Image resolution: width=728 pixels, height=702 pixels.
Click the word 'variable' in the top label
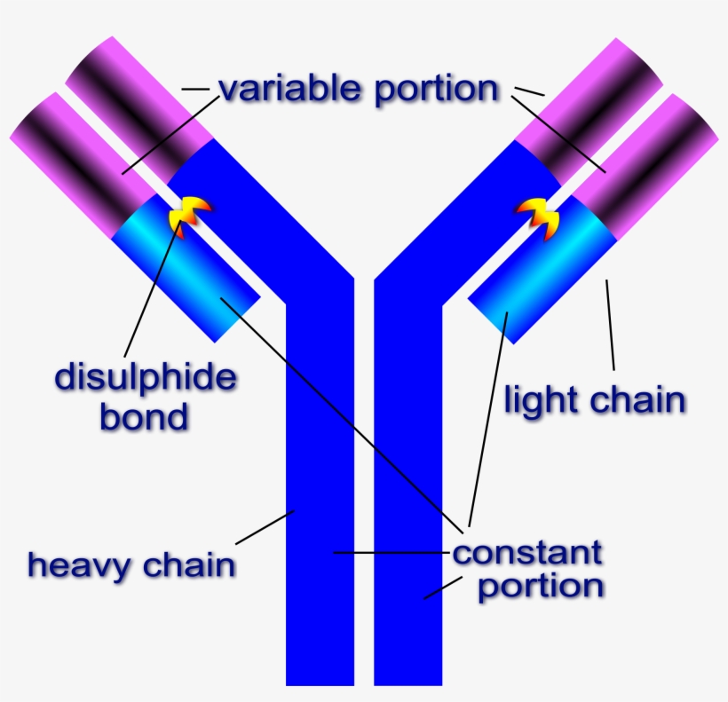(x=289, y=90)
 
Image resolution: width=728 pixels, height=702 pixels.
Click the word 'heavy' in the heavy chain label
(x=79, y=564)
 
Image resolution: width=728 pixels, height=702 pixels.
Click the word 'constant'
(x=527, y=553)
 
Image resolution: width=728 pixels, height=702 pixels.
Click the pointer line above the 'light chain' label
(x=611, y=324)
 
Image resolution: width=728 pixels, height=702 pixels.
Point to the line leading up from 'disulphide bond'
(x=151, y=293)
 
